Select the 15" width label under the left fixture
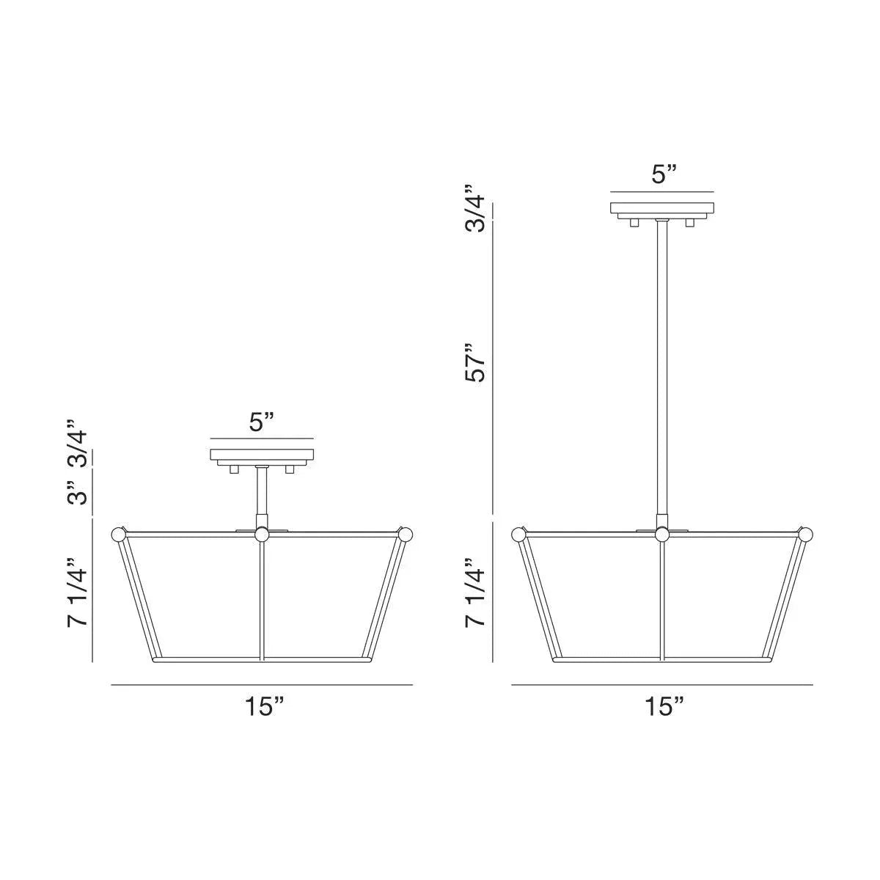click(x=263, y=707)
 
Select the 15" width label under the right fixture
click(x=664, y=707)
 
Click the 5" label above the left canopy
click(x=262, y=422)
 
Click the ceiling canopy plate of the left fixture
click(x=263, y=455)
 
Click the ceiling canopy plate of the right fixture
click(x=662, y=208)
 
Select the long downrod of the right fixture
click(x=662, y=367)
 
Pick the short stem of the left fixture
click(x=262, y=495)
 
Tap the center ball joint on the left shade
click(x=263, y=535)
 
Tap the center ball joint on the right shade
click(x=662, y=535)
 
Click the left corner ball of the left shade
click(x=117, y=534)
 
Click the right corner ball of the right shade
click(x=806, y=534)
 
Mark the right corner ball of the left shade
click(x=406, y=534)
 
